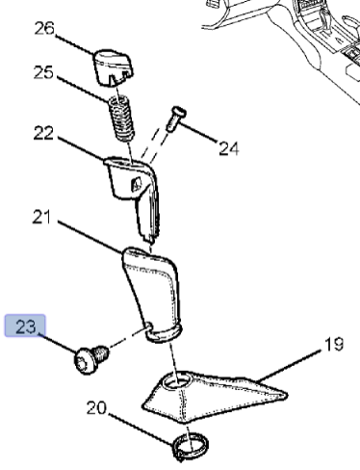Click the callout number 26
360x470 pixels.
coord(44,28)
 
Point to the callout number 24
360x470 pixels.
coord(227,149)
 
